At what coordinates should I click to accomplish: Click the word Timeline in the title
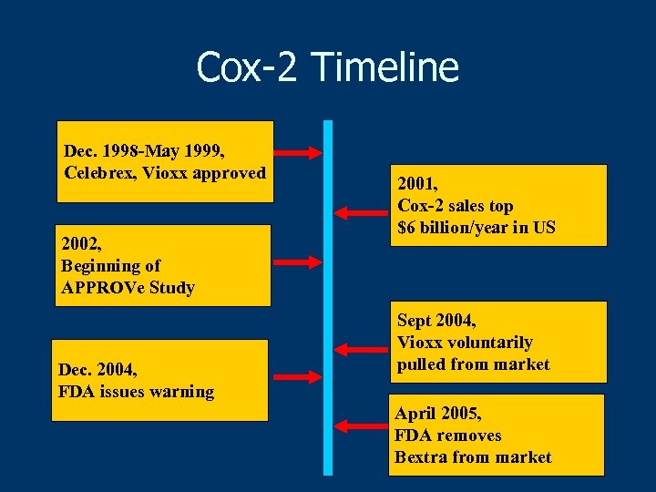click(x=384, y=67)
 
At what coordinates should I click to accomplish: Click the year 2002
click(x=80, y=244)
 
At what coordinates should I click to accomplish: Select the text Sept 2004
click(x=436, y=321)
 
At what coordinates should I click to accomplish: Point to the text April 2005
click(x=437, y=414)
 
